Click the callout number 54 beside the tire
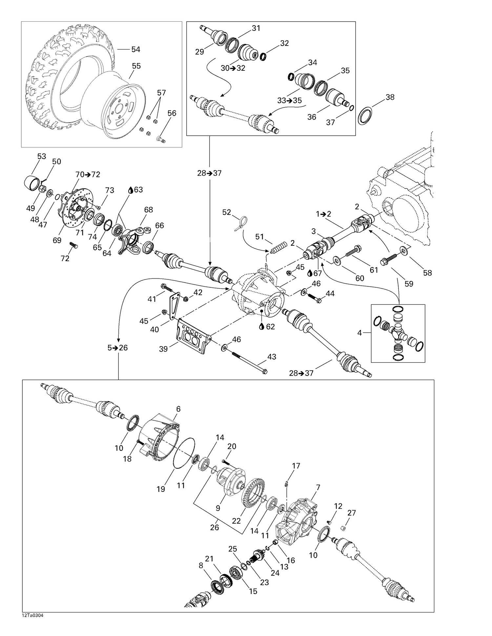pyautogui.click(x=135, y=49)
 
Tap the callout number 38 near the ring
pyautogui.click(x=390, y=97)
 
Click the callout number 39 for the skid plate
pyautogui.click(x=163, y=349)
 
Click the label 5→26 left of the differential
pyautogui.click(x=117, y=348)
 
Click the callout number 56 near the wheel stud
pyautogui.click(x=172, y=113)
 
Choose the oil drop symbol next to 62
pyautogui.click(x=261, y=327)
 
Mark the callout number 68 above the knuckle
pyautogui.click(x=149, y=210)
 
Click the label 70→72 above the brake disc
pyautogui.click(x=88, y=174)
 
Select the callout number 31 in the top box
pyautogui.click(x=256, y=29)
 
